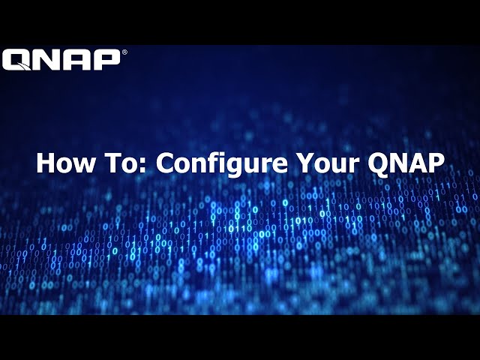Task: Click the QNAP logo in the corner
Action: coord(61,60)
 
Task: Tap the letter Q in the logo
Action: coord(16,60)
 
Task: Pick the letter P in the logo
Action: coord(104,60)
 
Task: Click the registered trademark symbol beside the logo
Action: coord(124,52)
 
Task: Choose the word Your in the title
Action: coord(324,163)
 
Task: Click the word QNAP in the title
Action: coord(403,163)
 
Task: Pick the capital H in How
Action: coord(46,163)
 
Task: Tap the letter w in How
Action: coord(81,166)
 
